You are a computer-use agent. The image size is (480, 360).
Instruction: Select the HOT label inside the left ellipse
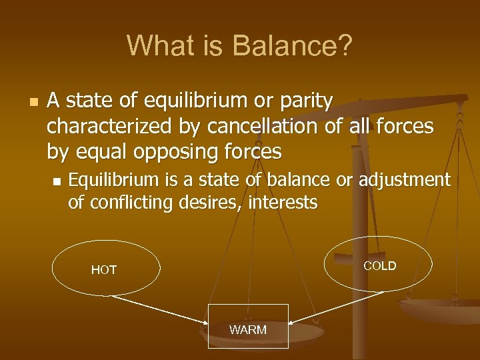click(x=104, y=270)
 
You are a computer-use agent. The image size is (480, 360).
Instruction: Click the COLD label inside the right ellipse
click(x=379, y=266)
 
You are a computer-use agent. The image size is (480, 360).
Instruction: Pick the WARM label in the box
click(x=248, y=330)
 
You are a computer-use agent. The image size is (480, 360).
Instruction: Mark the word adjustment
click(x=405, y=180)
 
